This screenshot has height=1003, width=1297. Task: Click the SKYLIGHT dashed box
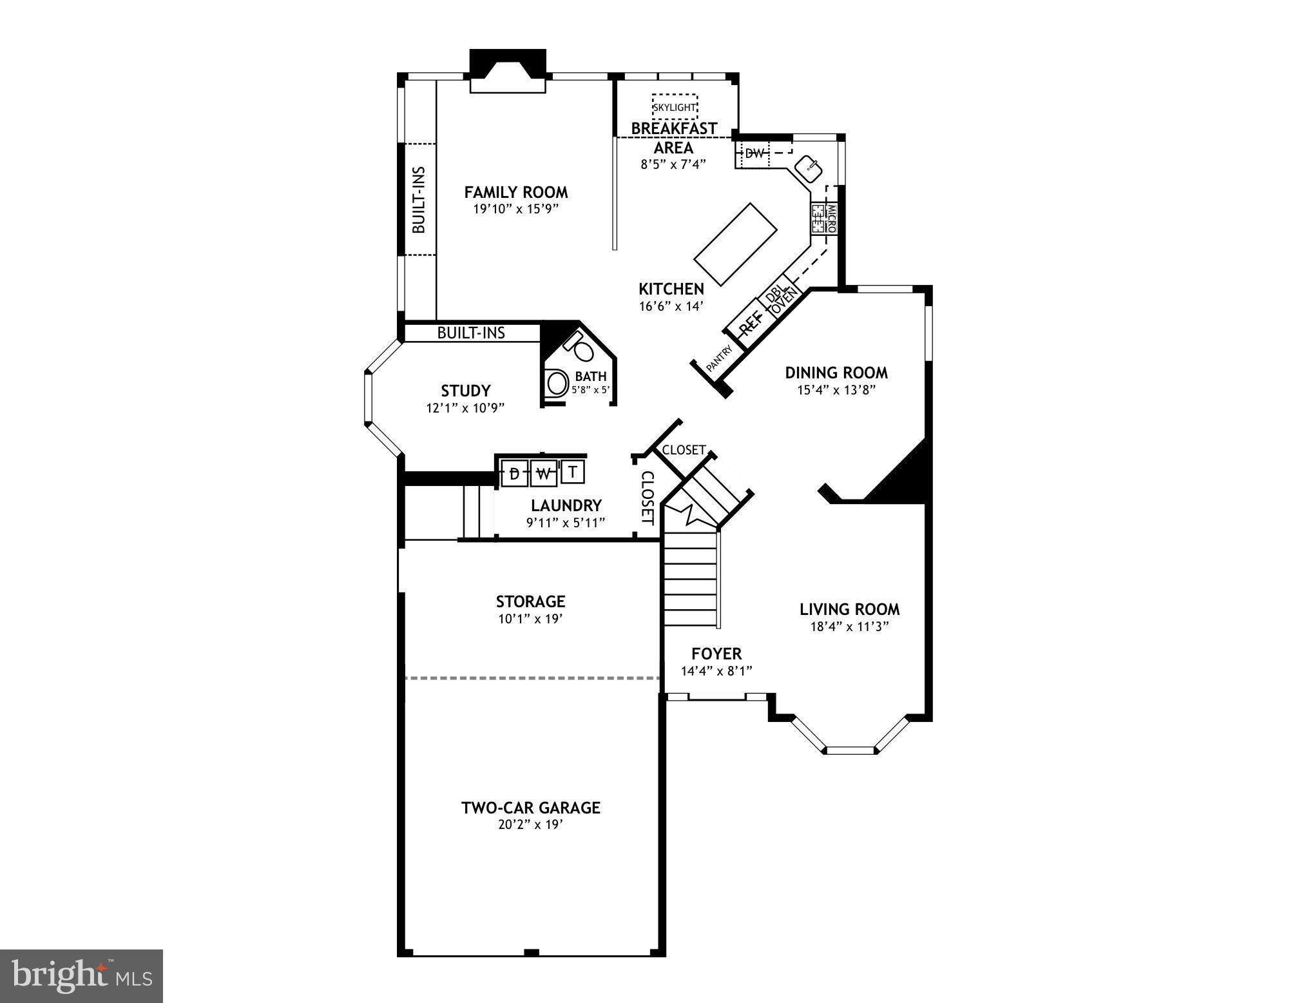point(674,106)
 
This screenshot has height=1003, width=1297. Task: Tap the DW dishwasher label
point(754,154)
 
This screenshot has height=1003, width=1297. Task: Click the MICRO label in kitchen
point(831,219)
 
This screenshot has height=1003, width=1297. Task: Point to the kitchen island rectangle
point(735,246)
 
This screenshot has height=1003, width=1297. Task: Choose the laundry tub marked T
point(573,472)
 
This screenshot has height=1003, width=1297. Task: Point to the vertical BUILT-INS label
point(419,200)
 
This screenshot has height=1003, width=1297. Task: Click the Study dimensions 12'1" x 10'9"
point(465,408)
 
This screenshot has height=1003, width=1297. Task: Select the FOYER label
point(716,654)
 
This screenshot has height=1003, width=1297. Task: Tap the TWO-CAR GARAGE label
point(530,808)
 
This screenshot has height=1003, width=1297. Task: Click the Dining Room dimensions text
point(836,390)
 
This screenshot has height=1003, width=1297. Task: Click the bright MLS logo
point(81,975)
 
